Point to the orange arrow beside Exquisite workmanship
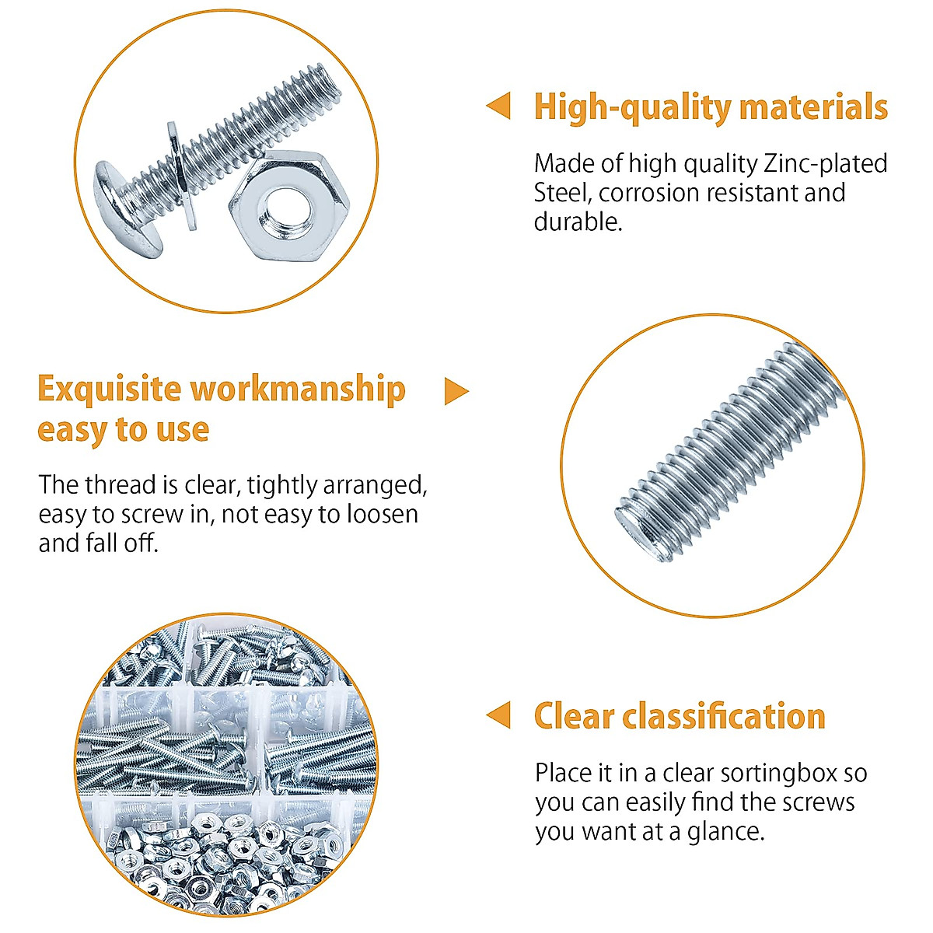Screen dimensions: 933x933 click(456, 391)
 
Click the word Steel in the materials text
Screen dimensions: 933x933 click(562, 193)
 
